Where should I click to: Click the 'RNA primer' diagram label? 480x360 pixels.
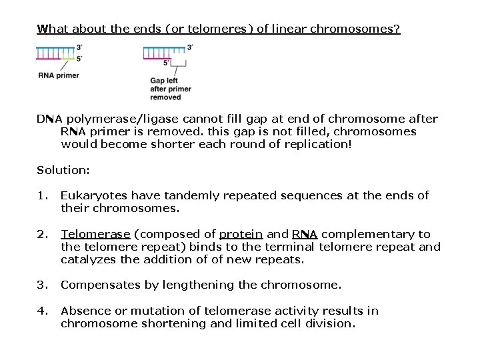pyautogui.click(x=58, y=76)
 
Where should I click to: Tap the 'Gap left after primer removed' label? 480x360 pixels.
pyautogui.click(x=170, y=89)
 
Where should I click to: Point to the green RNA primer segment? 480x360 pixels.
pyautogui.click(x=67, y=58)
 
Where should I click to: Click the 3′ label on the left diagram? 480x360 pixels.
pyautogui.click(x=80, y=47)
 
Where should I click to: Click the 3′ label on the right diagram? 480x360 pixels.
pyautogui.click(x=191, y=47)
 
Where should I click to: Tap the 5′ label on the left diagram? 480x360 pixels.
pyautogui.click(x=80, y=59)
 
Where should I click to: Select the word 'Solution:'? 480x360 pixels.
pyautogui.click(x=63, y=170)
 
